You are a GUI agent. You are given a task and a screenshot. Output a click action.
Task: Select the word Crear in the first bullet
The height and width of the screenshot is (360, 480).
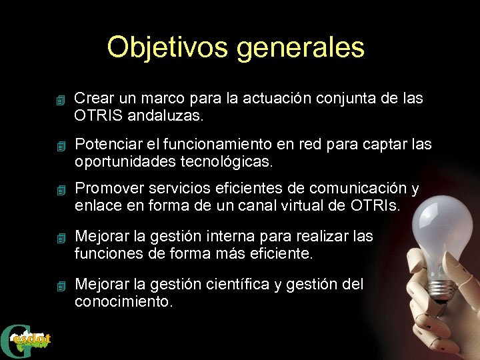pos(93,99)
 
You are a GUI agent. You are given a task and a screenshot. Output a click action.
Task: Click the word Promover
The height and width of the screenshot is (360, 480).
pos(107,190)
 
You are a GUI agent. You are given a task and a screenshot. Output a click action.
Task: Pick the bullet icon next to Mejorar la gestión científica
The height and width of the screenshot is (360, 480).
pos(61,287)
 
